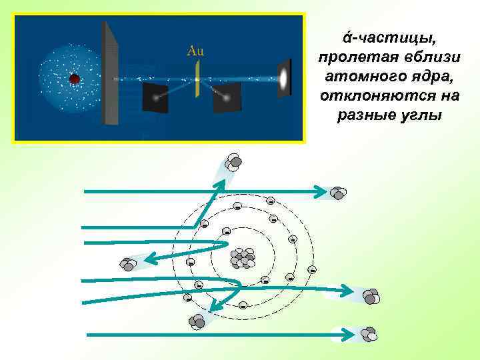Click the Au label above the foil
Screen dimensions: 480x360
click(195, 50)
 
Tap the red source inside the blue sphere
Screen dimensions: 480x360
click(75, 79)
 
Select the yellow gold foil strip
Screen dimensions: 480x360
click(197, 79)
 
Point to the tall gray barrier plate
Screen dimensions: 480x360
click(110, 73)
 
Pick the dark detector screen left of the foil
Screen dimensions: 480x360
click(155, 97)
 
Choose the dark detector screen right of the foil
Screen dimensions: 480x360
click(227, 97)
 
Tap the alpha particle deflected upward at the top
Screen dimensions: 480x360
click(233, 162)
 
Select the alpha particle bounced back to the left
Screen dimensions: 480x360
click(126, 264)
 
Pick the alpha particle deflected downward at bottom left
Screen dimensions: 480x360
click(197, 322)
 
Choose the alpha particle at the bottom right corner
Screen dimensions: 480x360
click(368, 333)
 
